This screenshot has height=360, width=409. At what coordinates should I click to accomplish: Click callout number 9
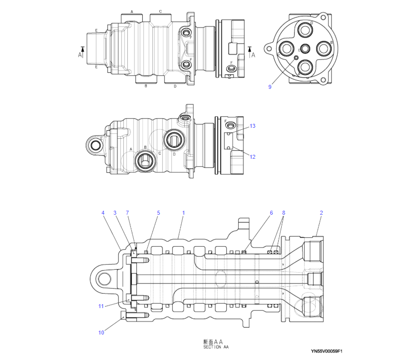coord(270,87)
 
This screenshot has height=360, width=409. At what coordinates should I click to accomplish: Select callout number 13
coord(253,126)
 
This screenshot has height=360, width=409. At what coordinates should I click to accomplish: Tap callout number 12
coord(253,157)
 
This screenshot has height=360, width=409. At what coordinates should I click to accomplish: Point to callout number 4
coord(103,213)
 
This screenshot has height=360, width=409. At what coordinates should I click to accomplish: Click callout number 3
coord(114,213)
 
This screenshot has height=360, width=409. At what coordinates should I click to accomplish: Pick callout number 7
coord(127,213)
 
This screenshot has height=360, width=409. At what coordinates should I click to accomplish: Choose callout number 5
coord(158,213)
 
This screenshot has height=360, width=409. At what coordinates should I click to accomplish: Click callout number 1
coord(183,213)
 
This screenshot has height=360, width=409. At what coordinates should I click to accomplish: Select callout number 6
coord(271,213)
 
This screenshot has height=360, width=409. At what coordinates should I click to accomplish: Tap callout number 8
coord(284,213)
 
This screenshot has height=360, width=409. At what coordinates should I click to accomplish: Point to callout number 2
coord(321,213)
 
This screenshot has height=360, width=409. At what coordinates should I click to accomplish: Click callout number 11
coord(101,306)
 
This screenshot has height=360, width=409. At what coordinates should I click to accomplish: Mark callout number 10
coord(101,332)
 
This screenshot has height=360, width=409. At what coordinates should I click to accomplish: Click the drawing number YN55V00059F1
coord(327,352)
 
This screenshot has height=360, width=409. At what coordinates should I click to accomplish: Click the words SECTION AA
coord(216,347)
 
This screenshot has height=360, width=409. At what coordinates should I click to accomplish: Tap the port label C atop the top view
coord(160,11)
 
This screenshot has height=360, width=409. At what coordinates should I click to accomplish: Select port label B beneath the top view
coord(146,86)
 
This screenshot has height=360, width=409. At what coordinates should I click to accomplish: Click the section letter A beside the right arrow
coord(253,55)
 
